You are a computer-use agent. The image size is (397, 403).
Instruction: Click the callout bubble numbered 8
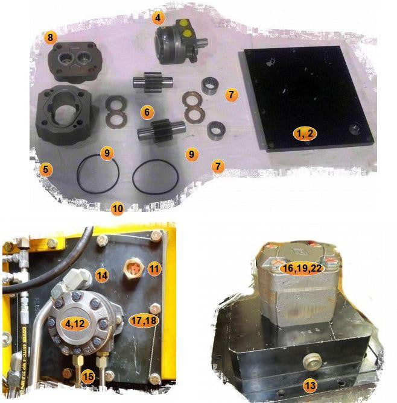coord(50,38)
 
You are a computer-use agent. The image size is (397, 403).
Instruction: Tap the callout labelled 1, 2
coord(303,133)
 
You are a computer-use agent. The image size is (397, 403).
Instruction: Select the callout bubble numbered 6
coord(145,112)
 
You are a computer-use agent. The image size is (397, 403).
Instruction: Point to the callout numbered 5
coord(45,170)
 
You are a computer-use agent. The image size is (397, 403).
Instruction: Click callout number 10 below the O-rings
coord(118,208)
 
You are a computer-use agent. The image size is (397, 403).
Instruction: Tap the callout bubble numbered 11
coord(154,269)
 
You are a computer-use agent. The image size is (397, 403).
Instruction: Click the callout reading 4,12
coord(75,323)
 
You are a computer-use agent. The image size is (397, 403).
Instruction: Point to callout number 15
coord(88,376)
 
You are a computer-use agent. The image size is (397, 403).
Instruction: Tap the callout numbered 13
coord(310,385)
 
